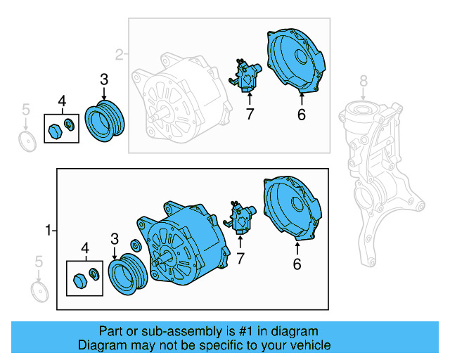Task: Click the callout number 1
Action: (49, 230)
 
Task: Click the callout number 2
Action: (119, 53)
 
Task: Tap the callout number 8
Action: (364, 82)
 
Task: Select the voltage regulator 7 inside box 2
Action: (248, 76)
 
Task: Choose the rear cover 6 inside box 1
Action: (291, 208)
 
